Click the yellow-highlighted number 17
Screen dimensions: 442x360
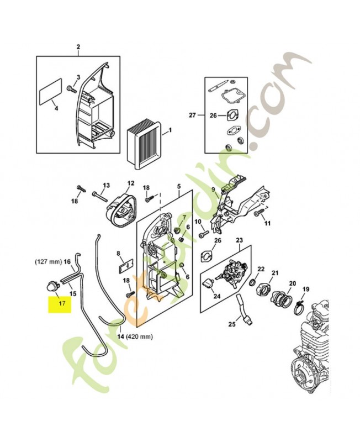pyautogui.click(x=61, y=303)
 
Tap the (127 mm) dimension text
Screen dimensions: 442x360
pyautogui.click(x=48, y=261)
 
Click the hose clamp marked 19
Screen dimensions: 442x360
pyautogui.click(x=299, y=303)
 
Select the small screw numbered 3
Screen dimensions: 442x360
pyautogui.click(x=70, y=88)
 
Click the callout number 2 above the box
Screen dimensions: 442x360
pyautogui.click(x=78, y=47)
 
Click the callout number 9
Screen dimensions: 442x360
pyautogui.click(x=213, y=190)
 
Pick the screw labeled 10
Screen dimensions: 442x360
pyautogui.click(x=201, y=234)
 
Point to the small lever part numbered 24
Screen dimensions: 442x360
pyautogui.click(x=209, y=285)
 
